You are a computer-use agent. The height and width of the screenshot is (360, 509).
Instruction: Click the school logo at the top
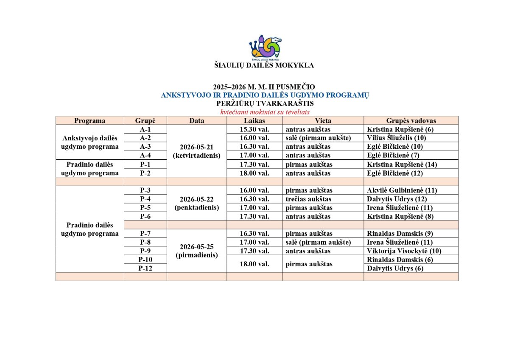pos(265,47)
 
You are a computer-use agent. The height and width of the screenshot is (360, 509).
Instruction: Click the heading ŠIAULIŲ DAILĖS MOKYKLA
pos(264,65)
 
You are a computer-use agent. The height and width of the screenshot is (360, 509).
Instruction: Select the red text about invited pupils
pos(265,112)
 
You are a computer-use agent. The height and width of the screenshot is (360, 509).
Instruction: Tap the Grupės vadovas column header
pos(411,120)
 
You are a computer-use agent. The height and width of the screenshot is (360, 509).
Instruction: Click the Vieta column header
pos(323,120)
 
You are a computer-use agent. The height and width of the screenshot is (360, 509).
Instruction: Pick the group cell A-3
pos(145,147)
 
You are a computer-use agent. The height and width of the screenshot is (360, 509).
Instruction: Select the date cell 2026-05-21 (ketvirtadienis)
pos(197,151)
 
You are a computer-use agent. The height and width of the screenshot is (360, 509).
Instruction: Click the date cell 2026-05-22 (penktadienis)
pos(197,203)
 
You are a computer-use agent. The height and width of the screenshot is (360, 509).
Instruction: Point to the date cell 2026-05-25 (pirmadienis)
pos(197,251)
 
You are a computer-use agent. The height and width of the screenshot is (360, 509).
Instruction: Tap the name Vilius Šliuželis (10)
pos(396,138)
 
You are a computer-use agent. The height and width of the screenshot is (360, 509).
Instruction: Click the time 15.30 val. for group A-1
pos(255,129)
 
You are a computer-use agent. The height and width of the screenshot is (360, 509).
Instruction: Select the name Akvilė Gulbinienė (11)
pos(402,190)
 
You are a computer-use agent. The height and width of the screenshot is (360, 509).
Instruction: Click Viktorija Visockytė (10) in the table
pos(404,251)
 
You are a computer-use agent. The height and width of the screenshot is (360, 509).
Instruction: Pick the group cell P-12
pos(145,268)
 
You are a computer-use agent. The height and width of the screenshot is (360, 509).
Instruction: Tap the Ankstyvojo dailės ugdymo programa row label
pos(90,142)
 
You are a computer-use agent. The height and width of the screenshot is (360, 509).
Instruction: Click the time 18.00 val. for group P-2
pos(255,173)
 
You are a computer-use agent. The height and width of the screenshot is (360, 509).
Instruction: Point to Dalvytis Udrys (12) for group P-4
pos(397,199)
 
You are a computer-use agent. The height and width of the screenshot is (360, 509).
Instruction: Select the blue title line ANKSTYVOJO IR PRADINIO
pos(265,95)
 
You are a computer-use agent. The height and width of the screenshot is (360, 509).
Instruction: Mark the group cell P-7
pos(145,233)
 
